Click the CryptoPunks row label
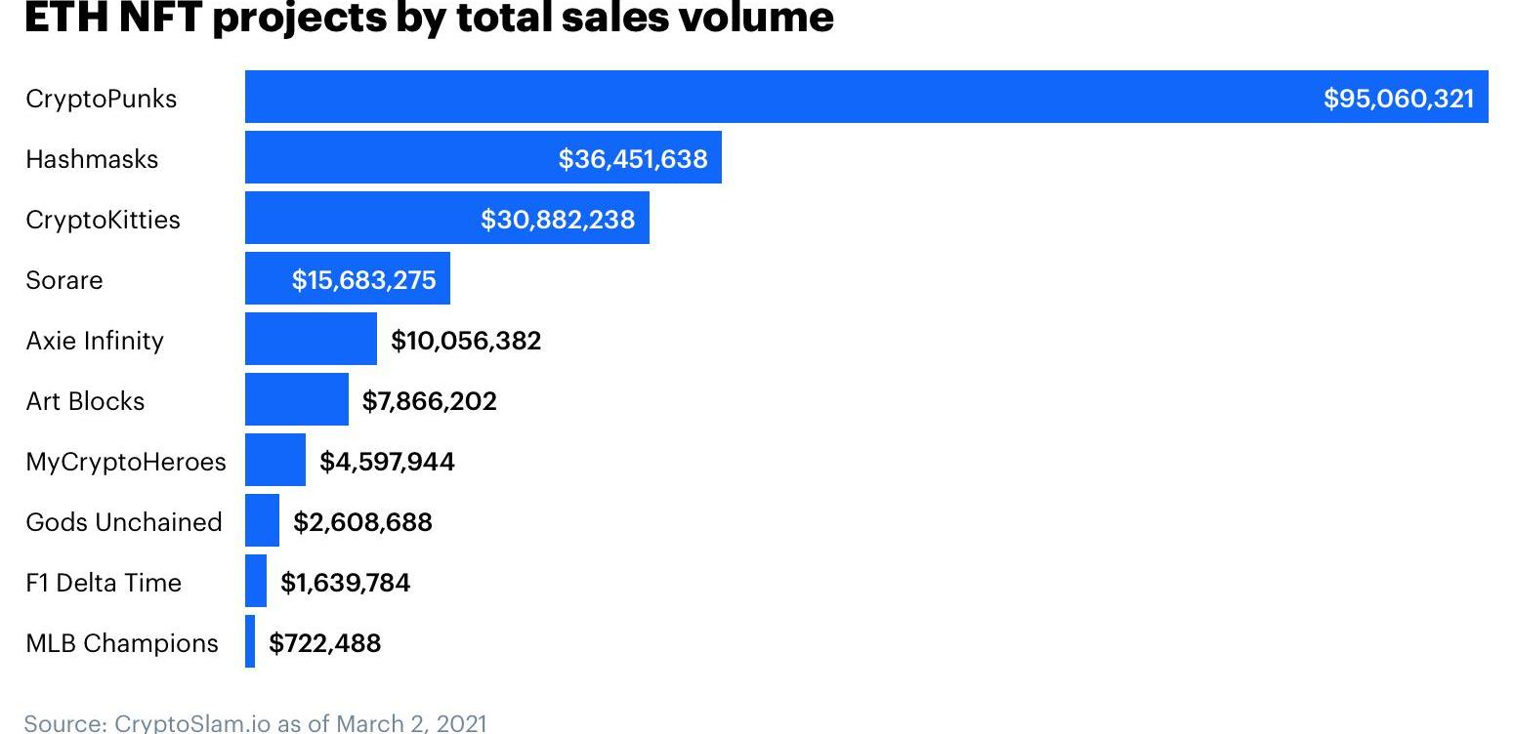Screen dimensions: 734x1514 [102, 99]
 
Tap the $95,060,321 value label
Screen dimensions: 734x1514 [1398, 99]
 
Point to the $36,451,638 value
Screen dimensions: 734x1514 [633, 159]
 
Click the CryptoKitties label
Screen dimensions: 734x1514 [103, 220]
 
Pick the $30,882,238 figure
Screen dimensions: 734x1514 [557, 220]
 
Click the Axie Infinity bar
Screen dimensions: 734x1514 [311, 339]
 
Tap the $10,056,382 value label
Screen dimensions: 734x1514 [466, 341]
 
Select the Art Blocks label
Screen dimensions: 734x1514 [85, 401]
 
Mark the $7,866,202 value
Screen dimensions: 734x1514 [430, 401]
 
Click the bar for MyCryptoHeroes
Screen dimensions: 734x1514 [275, 460]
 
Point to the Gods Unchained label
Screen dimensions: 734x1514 [124, 522]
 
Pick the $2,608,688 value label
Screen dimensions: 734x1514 [362, 522]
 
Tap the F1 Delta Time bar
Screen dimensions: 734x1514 [256, 581]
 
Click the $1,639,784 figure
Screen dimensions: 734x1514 [345, 583]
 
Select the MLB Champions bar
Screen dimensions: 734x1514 [250, 641]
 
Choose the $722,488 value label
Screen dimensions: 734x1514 [325, 643]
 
